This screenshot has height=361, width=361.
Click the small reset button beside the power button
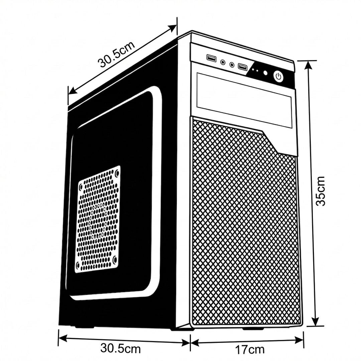[265, 73]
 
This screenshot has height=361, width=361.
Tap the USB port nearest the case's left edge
[212, 58]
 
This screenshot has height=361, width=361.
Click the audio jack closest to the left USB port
[223, 62]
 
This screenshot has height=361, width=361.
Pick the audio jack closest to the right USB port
[232, 65]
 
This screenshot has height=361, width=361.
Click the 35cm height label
[320, 191]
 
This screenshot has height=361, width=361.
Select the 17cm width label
[250, 350]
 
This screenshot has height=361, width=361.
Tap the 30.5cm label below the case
[120, 348]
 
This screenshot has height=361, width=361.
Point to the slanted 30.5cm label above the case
[116, 54]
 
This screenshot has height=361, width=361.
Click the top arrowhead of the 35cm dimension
[309, 65]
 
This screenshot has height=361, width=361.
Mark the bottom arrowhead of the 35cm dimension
[315, 321]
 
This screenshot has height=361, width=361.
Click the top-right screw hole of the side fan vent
[117, 172]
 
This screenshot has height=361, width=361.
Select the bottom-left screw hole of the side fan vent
[78, 265]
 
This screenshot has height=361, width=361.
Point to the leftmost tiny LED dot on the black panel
[253, 69]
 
